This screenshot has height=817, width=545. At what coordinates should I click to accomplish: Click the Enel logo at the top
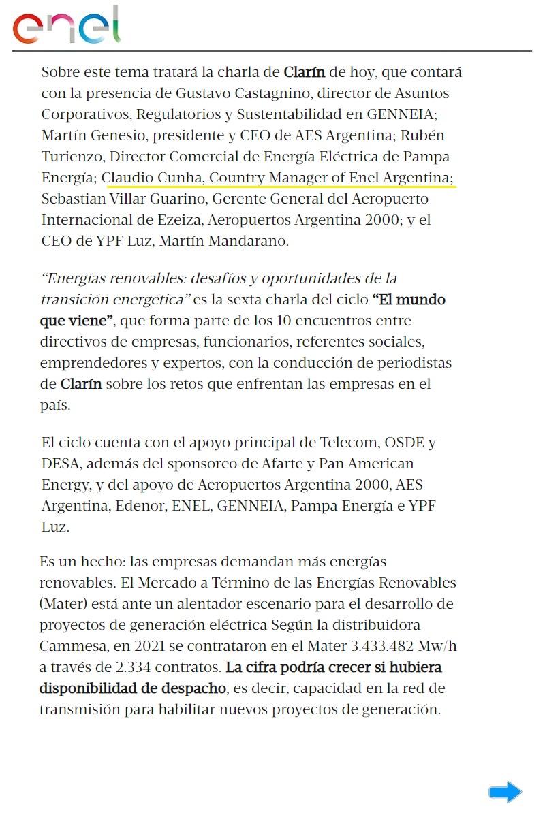click(x=66, y=27)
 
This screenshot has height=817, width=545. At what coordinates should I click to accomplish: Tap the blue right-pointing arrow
click(x=505, y=792)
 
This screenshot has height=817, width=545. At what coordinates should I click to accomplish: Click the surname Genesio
click(x=121, y=135)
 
